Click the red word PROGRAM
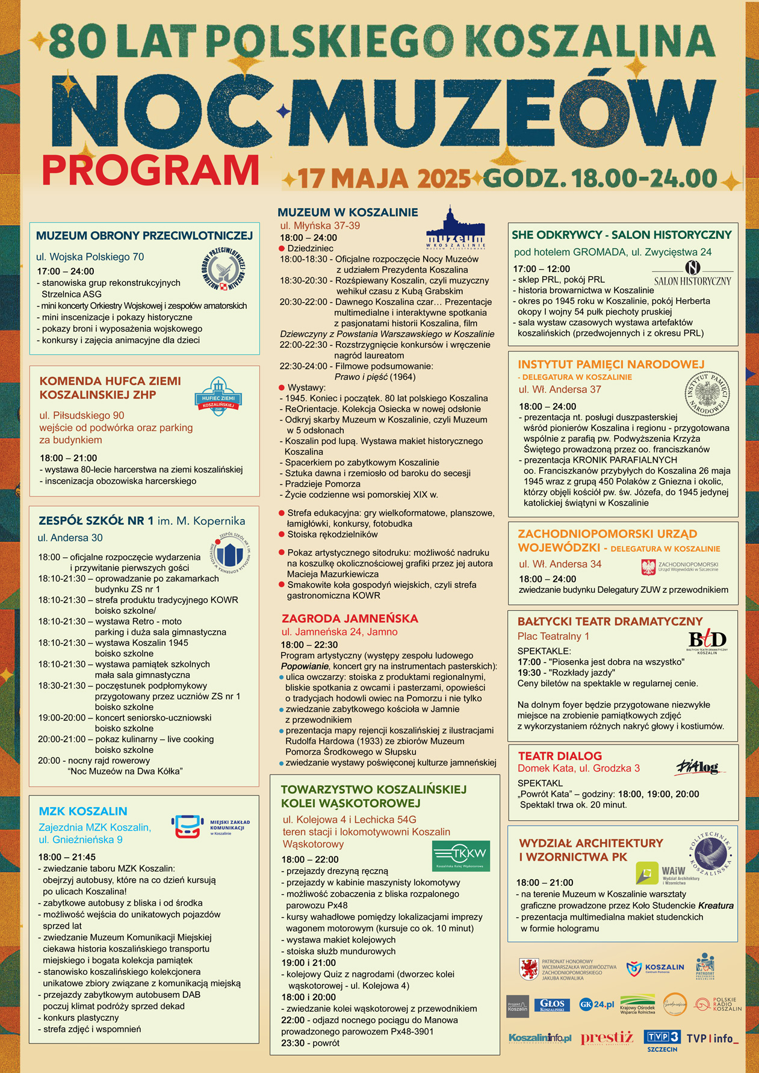click(150, 170)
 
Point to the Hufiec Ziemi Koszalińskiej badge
click(217, 397)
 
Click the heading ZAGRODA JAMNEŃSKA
click(350, 618)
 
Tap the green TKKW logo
click(460, 856)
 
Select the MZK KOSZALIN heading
click(83, 811)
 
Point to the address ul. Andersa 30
click(70, 538)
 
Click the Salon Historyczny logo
click(692, 274)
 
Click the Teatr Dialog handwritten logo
click(697, 767)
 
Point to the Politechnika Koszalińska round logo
click(710, 854)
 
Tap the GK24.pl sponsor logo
click(596, 1004)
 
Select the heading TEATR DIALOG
click(560, 756)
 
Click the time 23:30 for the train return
click(293, 1043)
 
